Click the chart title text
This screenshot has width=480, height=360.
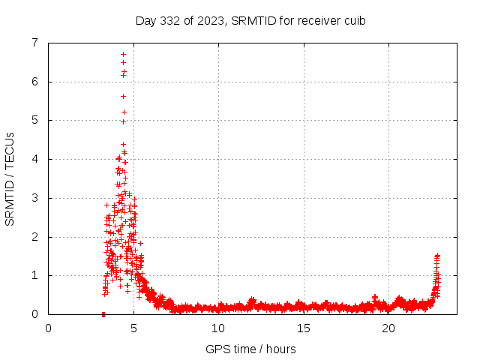click(250, 20)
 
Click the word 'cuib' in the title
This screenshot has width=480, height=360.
click(354, 20)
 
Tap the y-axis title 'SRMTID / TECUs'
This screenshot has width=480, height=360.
click(10, 178)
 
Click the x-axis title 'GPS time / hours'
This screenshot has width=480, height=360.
click(250, 349)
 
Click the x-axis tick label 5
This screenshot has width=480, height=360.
click(133, 327)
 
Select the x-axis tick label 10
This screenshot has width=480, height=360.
click(218, 327)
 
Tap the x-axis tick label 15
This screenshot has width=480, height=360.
click(304, 327)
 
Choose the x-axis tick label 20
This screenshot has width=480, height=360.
click(388, 327)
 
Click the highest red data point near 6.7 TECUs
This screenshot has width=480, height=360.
click(123, 54)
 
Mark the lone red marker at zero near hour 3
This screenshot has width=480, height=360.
click(103, 313)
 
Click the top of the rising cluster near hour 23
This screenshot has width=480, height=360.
click(437, 256)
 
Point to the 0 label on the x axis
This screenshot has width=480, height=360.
click(49, 327)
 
